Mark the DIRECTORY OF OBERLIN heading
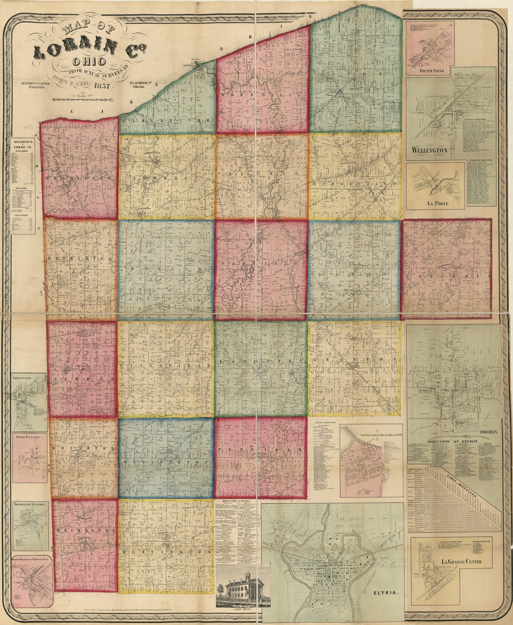tap(448, 442)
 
